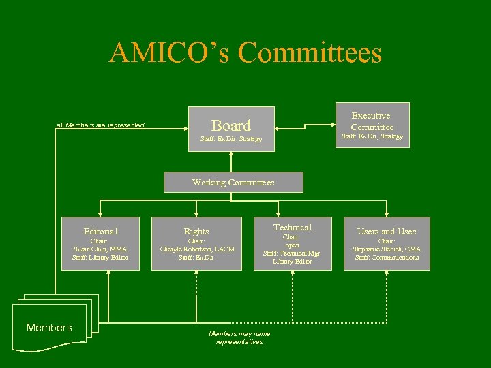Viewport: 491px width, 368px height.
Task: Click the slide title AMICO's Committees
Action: click(x=245, y=53)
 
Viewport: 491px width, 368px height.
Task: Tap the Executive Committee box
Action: click(x=372, y=122)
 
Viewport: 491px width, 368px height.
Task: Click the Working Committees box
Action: click(x=233, y=182)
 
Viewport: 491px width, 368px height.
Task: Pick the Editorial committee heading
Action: click(x=100, y=232)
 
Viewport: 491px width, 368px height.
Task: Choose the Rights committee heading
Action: click(x=196, y=232)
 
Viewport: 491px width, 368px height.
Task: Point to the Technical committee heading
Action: click(x=293, y=227)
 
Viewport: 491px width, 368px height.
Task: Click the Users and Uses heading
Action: click(x=387, y=232)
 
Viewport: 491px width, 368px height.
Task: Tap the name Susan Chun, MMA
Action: click(x=100, y=249)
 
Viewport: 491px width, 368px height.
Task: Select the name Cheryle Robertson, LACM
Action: click(x=196, y=249)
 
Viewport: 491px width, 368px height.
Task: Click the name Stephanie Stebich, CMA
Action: click(x=387, y=249)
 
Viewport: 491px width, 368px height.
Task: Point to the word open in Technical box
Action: click(x=293, y=245)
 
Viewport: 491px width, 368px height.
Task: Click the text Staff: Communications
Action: click(x=387, y=257)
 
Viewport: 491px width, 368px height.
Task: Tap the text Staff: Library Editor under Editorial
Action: click(x=100, y=257)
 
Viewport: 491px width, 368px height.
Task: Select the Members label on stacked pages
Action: click(x=49, y=328)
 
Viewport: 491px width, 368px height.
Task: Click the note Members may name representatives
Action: click(x=239, y=337)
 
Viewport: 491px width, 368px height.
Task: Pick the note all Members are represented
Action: click(x=100, y=125)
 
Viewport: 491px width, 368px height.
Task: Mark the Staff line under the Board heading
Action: click(x=231, y=139)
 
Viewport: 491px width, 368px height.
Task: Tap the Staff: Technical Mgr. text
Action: click(x=293, y=253)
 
